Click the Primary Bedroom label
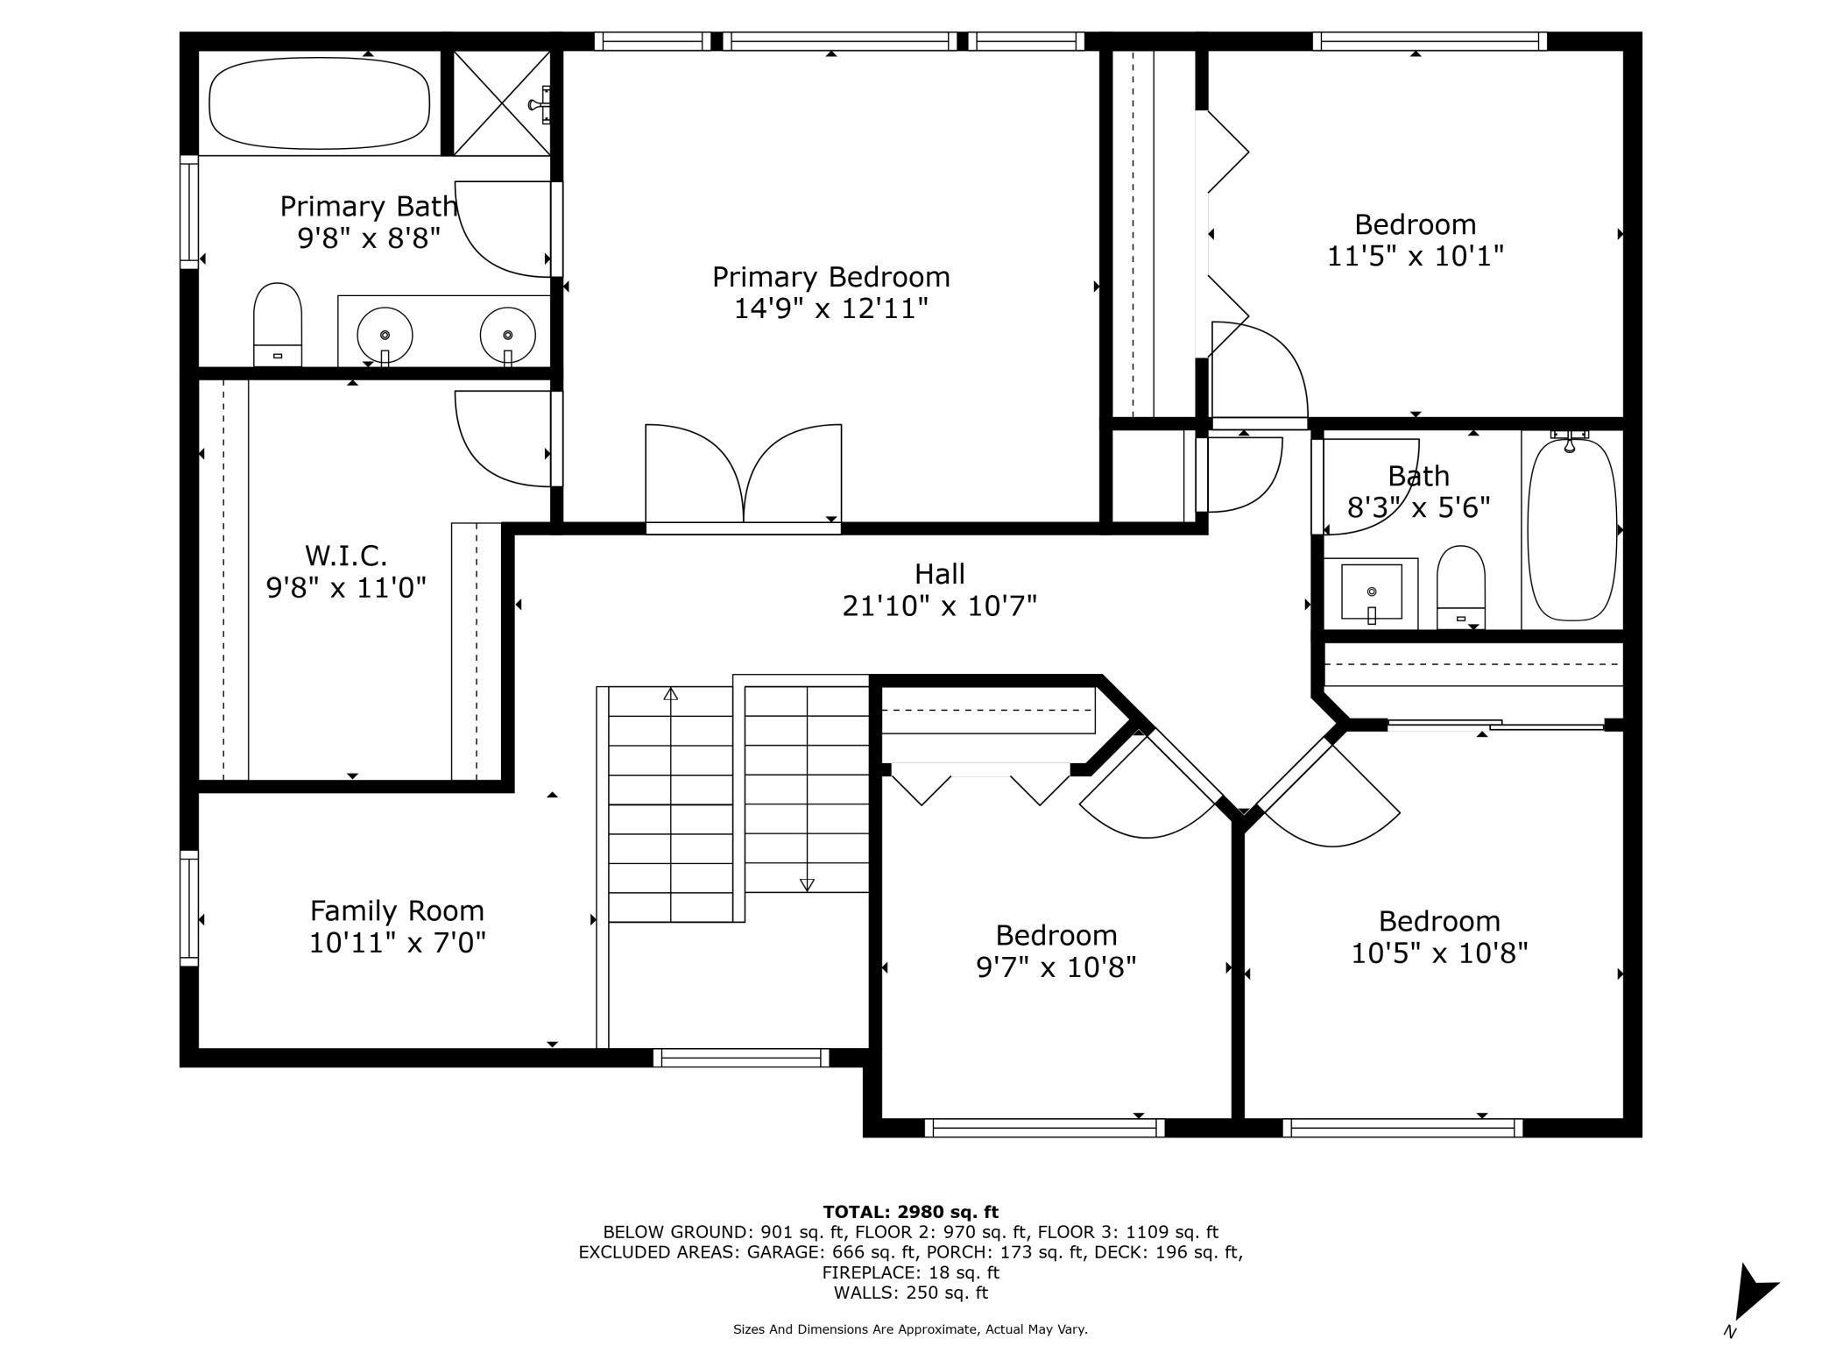pyautogui.click(x=830, y=277)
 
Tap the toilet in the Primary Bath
pyautogui.click(x=278, y=324)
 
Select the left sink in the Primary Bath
pyautogui.click(x=385, y=336)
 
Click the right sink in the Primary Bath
pyautogui.click(x=507, y=336)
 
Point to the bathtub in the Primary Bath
pyautogui.click(x=320, y=103)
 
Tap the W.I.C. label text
pyautogui.click(x=346, y=556)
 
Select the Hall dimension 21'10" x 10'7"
pyautogui.click(x=940, y=606)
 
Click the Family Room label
pyautogui.click(x=397, y=911)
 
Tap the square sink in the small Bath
pyautogui.click(x=1372, y=592)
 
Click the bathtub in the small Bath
pyautogui.click(x=1571, y=530)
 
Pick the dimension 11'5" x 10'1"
pyautogui.click(x=1416, y=256)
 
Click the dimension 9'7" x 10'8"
pyautogui.click(x=1056, y=967)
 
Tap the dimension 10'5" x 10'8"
pyautogui.click(x=1439, y=953)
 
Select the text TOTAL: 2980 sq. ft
pyautogui.click(x=910, y=1212)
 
